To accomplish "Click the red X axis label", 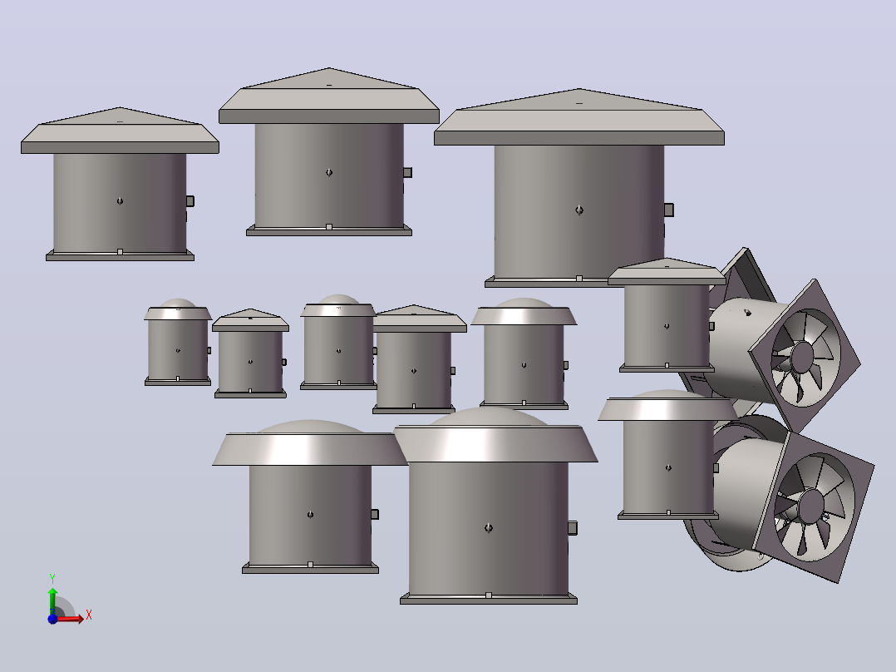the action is click(x=89, y=615).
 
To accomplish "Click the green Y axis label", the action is click(x=52, y=578).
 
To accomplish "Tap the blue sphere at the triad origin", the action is click(x=52, y=618).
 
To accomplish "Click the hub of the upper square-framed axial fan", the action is click(x=803, y=355).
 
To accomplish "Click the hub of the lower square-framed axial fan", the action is click(x=811, y=506).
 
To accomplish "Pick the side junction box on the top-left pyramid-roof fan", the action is click(x=190, y=201).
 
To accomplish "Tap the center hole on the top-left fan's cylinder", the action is click(x=120, y=201).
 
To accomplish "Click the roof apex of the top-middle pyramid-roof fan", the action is click(x=329, y=69).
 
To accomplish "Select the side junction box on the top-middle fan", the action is click(x=407, y=173).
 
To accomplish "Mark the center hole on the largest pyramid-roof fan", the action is click(x=579, y=210).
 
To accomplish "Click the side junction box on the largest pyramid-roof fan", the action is click(x=668, y=210).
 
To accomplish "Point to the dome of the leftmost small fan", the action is click(x=178, y=303).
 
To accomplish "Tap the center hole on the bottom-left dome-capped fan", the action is click(x=310, y=515).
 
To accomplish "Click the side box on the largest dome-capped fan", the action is click(x=573, y=528).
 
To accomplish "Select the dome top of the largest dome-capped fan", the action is click(x=489, y=416).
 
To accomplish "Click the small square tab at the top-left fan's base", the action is click(x=120, y=252).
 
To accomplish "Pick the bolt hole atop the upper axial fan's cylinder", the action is click(x=747, y=312).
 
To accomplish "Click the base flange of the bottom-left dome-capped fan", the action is click(x=310, y=569).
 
